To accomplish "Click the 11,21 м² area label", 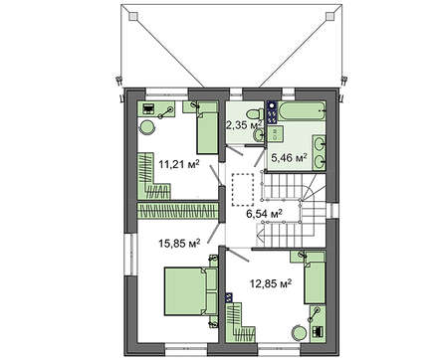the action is pyautogui.click(x=179, y=164).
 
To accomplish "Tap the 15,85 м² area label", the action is pyautogui.click(x=179, y=244).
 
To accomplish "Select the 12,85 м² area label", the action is pyautogui.click(x=271, y=283).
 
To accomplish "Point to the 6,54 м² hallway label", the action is pyautogui.click(x=264, y=214).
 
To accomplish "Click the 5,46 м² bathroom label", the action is pyautogui.click(x=289, y=158).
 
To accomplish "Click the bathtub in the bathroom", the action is pyautogui.click(x=302, y=111).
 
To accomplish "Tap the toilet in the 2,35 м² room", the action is pyautogui.click(x=256, y=113).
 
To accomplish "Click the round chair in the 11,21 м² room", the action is pyautogui.click(x=146, y=127).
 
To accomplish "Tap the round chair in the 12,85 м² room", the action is pyautogui.click(x=300, y=333).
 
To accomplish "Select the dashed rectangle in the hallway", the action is pyautogui.click(x=243, y=190).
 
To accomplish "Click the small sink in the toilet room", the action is pyautogui.click(x=259, y=135).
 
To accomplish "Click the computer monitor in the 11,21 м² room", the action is pyautogui.click(x=147, y=108).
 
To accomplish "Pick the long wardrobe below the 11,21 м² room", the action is pyautogui.click(x=177, y=211).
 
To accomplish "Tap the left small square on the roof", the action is pyautogui.click(x=133, y=16).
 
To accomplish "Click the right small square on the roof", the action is pyautogui.click(x=329, y=16).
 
